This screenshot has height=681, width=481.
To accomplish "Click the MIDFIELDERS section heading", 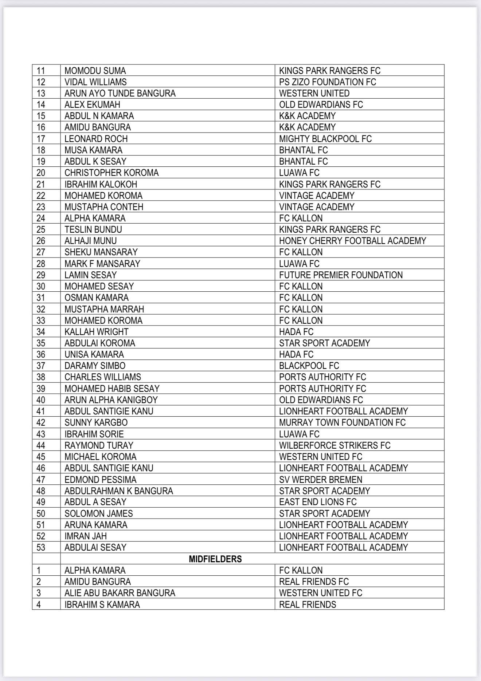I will click(215, 559).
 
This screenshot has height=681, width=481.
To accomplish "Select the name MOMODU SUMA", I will click(95, 71).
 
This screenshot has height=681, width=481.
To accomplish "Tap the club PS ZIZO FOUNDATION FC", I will click(327, 82).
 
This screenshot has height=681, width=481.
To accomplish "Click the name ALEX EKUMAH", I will click(92, 105).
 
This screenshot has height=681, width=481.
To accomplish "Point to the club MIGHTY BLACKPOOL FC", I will click(325, 139).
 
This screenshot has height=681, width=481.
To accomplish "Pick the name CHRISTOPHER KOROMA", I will click(112, 173).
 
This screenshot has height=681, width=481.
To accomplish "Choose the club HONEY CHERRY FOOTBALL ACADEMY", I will click(352, 241).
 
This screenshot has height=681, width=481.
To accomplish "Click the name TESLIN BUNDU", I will click(93, 229).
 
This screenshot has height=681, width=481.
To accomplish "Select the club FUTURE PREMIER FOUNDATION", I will click(341, 275).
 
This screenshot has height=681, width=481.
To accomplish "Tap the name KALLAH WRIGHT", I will click(97, 332).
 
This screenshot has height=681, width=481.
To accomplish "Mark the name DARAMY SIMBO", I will click(95, 366).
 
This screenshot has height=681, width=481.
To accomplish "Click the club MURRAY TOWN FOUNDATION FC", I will click(342, 422).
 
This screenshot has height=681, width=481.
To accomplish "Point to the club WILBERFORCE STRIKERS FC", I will click(335, 445).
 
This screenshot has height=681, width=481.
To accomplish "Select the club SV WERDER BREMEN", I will click(321, 480).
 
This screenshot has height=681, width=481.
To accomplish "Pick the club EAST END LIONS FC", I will click(318, 502).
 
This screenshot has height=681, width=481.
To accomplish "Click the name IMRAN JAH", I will click(86, 536).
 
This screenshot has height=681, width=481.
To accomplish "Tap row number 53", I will click(41, 547).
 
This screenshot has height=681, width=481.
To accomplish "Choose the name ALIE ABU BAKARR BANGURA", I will click(120, 593).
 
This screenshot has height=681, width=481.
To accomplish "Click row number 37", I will click(41, 366).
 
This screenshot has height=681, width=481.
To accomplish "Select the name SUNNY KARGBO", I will click(96, 422).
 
